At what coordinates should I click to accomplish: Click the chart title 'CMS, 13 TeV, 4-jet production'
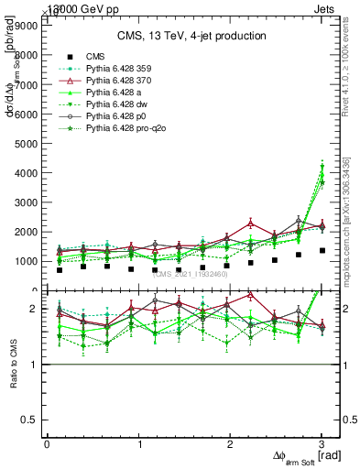(x=191, y=36)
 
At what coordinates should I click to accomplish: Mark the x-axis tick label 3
(x=322, y=444)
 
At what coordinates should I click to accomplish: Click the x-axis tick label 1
(x=138, y=444)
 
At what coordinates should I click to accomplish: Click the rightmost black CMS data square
(x=322, y=250)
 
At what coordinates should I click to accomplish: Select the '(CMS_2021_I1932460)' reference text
(x=192, y=274)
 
